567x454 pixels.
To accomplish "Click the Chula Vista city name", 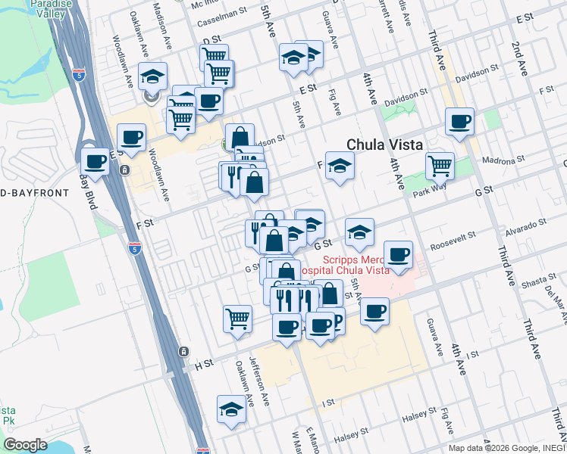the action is [384, 145].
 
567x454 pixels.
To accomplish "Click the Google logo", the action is [25, 444].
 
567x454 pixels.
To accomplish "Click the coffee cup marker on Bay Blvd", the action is [96, 160].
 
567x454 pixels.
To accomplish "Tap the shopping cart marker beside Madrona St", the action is [439, 164].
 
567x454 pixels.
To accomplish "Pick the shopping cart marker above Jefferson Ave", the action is [238, 318].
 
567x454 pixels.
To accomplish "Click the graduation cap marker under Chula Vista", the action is [340, 165].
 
